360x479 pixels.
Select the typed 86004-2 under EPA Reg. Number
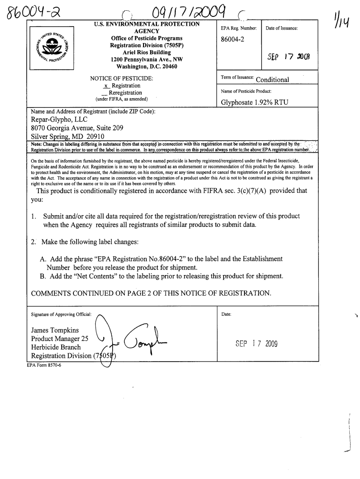point(235,40)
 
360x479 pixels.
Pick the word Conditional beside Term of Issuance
point(273,79)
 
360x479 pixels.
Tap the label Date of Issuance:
point(282,29)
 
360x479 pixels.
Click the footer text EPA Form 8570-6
point(46,365)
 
